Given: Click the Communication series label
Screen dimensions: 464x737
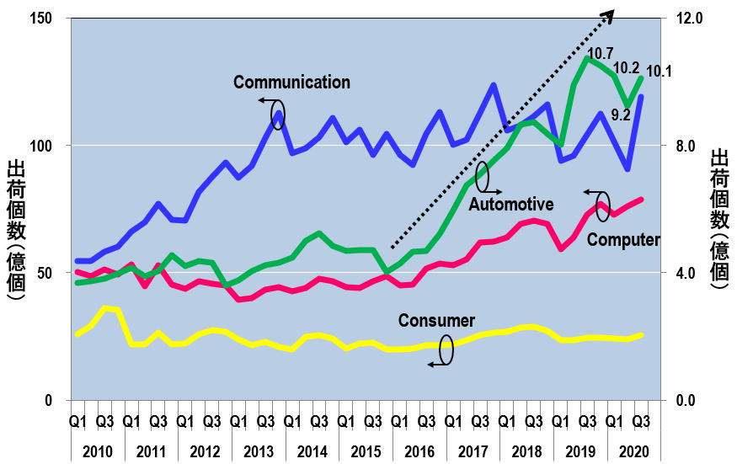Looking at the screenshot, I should [x=291, y=83].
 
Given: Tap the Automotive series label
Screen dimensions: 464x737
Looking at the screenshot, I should [x=511, y=204].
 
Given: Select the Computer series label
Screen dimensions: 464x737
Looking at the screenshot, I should [x=623, y=240].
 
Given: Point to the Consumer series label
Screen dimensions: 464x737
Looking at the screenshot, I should [x=436, y=321].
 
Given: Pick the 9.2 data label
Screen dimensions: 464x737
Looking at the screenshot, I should [x=621, y=115].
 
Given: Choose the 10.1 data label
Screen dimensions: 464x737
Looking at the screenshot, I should [x=659, y=72].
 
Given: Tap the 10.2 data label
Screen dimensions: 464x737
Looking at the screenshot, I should [x=626, y=68].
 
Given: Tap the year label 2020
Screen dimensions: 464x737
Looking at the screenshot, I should [x=633, y=450].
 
